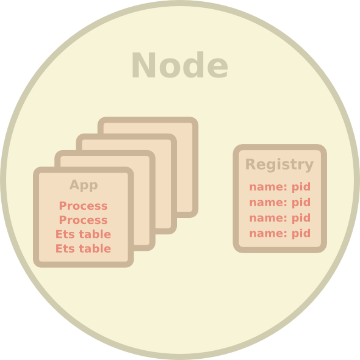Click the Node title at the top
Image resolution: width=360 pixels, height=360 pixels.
coord(180,65)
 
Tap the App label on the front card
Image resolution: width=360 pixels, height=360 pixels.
coord(84,185)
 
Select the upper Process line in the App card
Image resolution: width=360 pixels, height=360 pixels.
coord(84,206)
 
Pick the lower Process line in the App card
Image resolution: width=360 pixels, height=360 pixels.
coord(84,220)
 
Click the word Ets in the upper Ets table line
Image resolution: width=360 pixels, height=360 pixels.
coord(65,234)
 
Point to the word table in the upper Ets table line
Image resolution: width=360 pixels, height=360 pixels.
coord(95,234)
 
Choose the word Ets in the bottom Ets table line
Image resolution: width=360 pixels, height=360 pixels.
coord(65,248)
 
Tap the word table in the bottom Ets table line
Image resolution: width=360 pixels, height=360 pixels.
coord(95,248)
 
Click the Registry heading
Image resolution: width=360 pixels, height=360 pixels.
coord(279,165)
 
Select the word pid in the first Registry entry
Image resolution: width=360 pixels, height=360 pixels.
coord(301,187)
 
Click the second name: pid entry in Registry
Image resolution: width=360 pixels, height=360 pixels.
coord(280,203)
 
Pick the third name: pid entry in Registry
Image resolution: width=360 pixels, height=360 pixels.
coord(280,218)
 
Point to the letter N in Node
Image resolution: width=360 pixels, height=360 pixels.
coord(144,65)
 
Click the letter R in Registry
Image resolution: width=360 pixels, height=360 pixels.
coord(251,164)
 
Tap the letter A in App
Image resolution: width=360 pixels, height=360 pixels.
coord(74,185)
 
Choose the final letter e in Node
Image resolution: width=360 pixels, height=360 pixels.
coord(218,68)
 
